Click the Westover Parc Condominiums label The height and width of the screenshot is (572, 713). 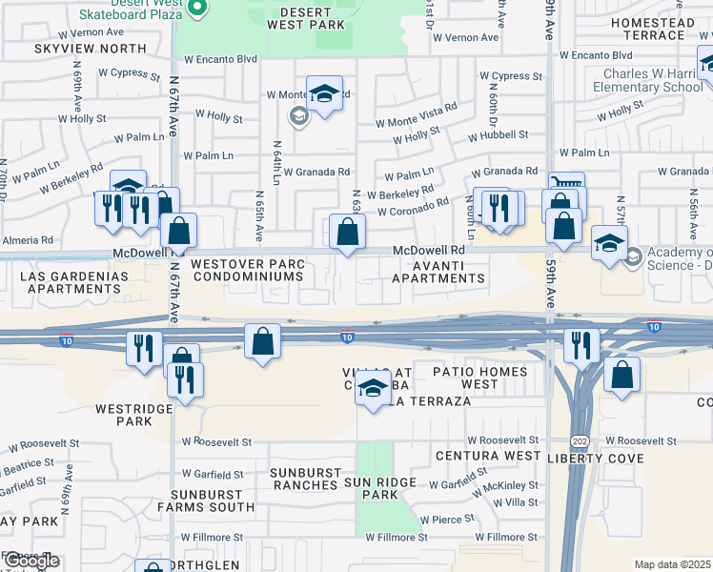coord(247,270)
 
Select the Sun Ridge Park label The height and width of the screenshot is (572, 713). coord(381,488)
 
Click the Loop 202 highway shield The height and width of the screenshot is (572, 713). coord(579,441)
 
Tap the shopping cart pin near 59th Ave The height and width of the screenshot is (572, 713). coord(565,186)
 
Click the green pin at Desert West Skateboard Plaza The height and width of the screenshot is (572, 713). coord(198,9)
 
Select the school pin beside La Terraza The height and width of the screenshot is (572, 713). coord(374,390)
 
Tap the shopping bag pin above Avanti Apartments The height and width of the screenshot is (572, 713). coord(348,232)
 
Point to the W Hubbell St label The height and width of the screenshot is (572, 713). coord(497,135)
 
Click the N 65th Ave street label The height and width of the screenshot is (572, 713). coord(259,214)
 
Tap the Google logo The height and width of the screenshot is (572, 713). coord(31,562)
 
